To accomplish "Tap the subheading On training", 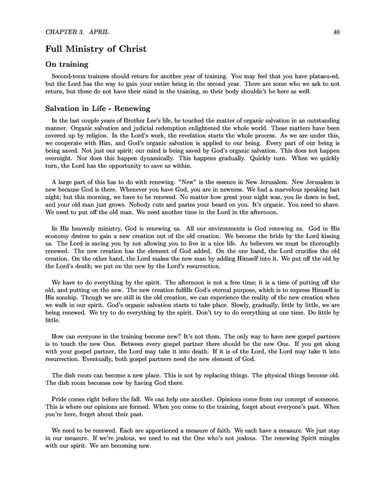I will pos(70,64).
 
